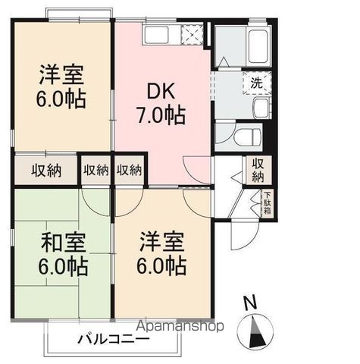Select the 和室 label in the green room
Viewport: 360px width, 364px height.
[64, 243]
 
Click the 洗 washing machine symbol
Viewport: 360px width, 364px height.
[257, 83]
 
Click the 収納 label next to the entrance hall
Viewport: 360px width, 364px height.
[258, 171]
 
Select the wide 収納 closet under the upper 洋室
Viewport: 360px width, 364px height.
[45, 169]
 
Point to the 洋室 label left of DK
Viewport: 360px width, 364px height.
[62, 77]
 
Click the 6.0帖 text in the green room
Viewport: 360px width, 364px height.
[64, 266]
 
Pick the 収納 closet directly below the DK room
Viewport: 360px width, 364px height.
[130, 169]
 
